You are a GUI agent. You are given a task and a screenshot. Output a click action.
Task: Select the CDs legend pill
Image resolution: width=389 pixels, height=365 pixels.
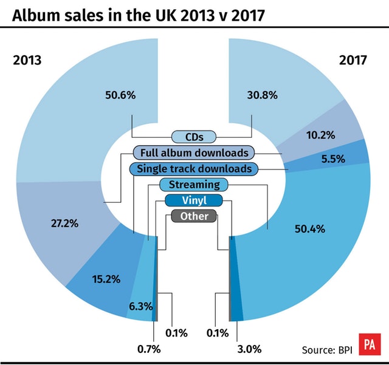coord(193,137)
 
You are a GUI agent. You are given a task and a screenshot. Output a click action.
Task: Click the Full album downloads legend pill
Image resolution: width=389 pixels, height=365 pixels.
coord(194,152)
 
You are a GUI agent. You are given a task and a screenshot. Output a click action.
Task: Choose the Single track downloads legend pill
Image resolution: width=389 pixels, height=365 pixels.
coord(194,168)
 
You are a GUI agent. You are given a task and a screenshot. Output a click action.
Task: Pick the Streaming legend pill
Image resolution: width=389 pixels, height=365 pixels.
coord(193,185)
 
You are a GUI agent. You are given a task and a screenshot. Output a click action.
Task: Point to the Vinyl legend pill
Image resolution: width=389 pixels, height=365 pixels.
coord(194,200)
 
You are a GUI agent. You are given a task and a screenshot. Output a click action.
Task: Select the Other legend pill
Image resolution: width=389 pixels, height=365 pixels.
coord(194,216)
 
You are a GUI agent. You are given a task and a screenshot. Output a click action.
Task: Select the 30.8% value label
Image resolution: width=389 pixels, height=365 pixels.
coord(263,95)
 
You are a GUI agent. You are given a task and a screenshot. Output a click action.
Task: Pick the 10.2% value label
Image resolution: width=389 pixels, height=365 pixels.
coord(320,135)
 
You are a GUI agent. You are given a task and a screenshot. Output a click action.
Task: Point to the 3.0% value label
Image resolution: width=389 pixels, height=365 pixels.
coord(249,349)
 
